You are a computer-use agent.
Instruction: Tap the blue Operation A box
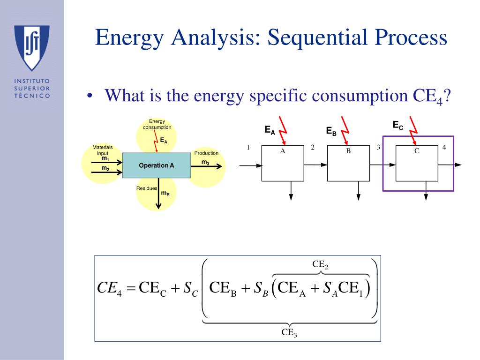157,165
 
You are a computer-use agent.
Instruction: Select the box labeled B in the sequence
348,163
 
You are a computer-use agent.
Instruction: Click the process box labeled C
417,163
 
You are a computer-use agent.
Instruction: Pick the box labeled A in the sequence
283,163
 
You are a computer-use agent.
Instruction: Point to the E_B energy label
331,131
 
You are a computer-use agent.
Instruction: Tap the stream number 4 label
444,148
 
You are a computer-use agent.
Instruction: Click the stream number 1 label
248,148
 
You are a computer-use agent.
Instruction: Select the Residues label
147,188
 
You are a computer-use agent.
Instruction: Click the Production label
206,153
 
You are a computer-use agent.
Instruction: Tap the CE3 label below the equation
289,333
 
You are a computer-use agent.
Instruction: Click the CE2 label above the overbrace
321,265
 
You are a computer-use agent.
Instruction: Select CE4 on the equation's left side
109,287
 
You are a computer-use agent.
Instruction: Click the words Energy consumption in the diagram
157,124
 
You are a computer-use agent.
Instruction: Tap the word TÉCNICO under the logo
32,96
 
